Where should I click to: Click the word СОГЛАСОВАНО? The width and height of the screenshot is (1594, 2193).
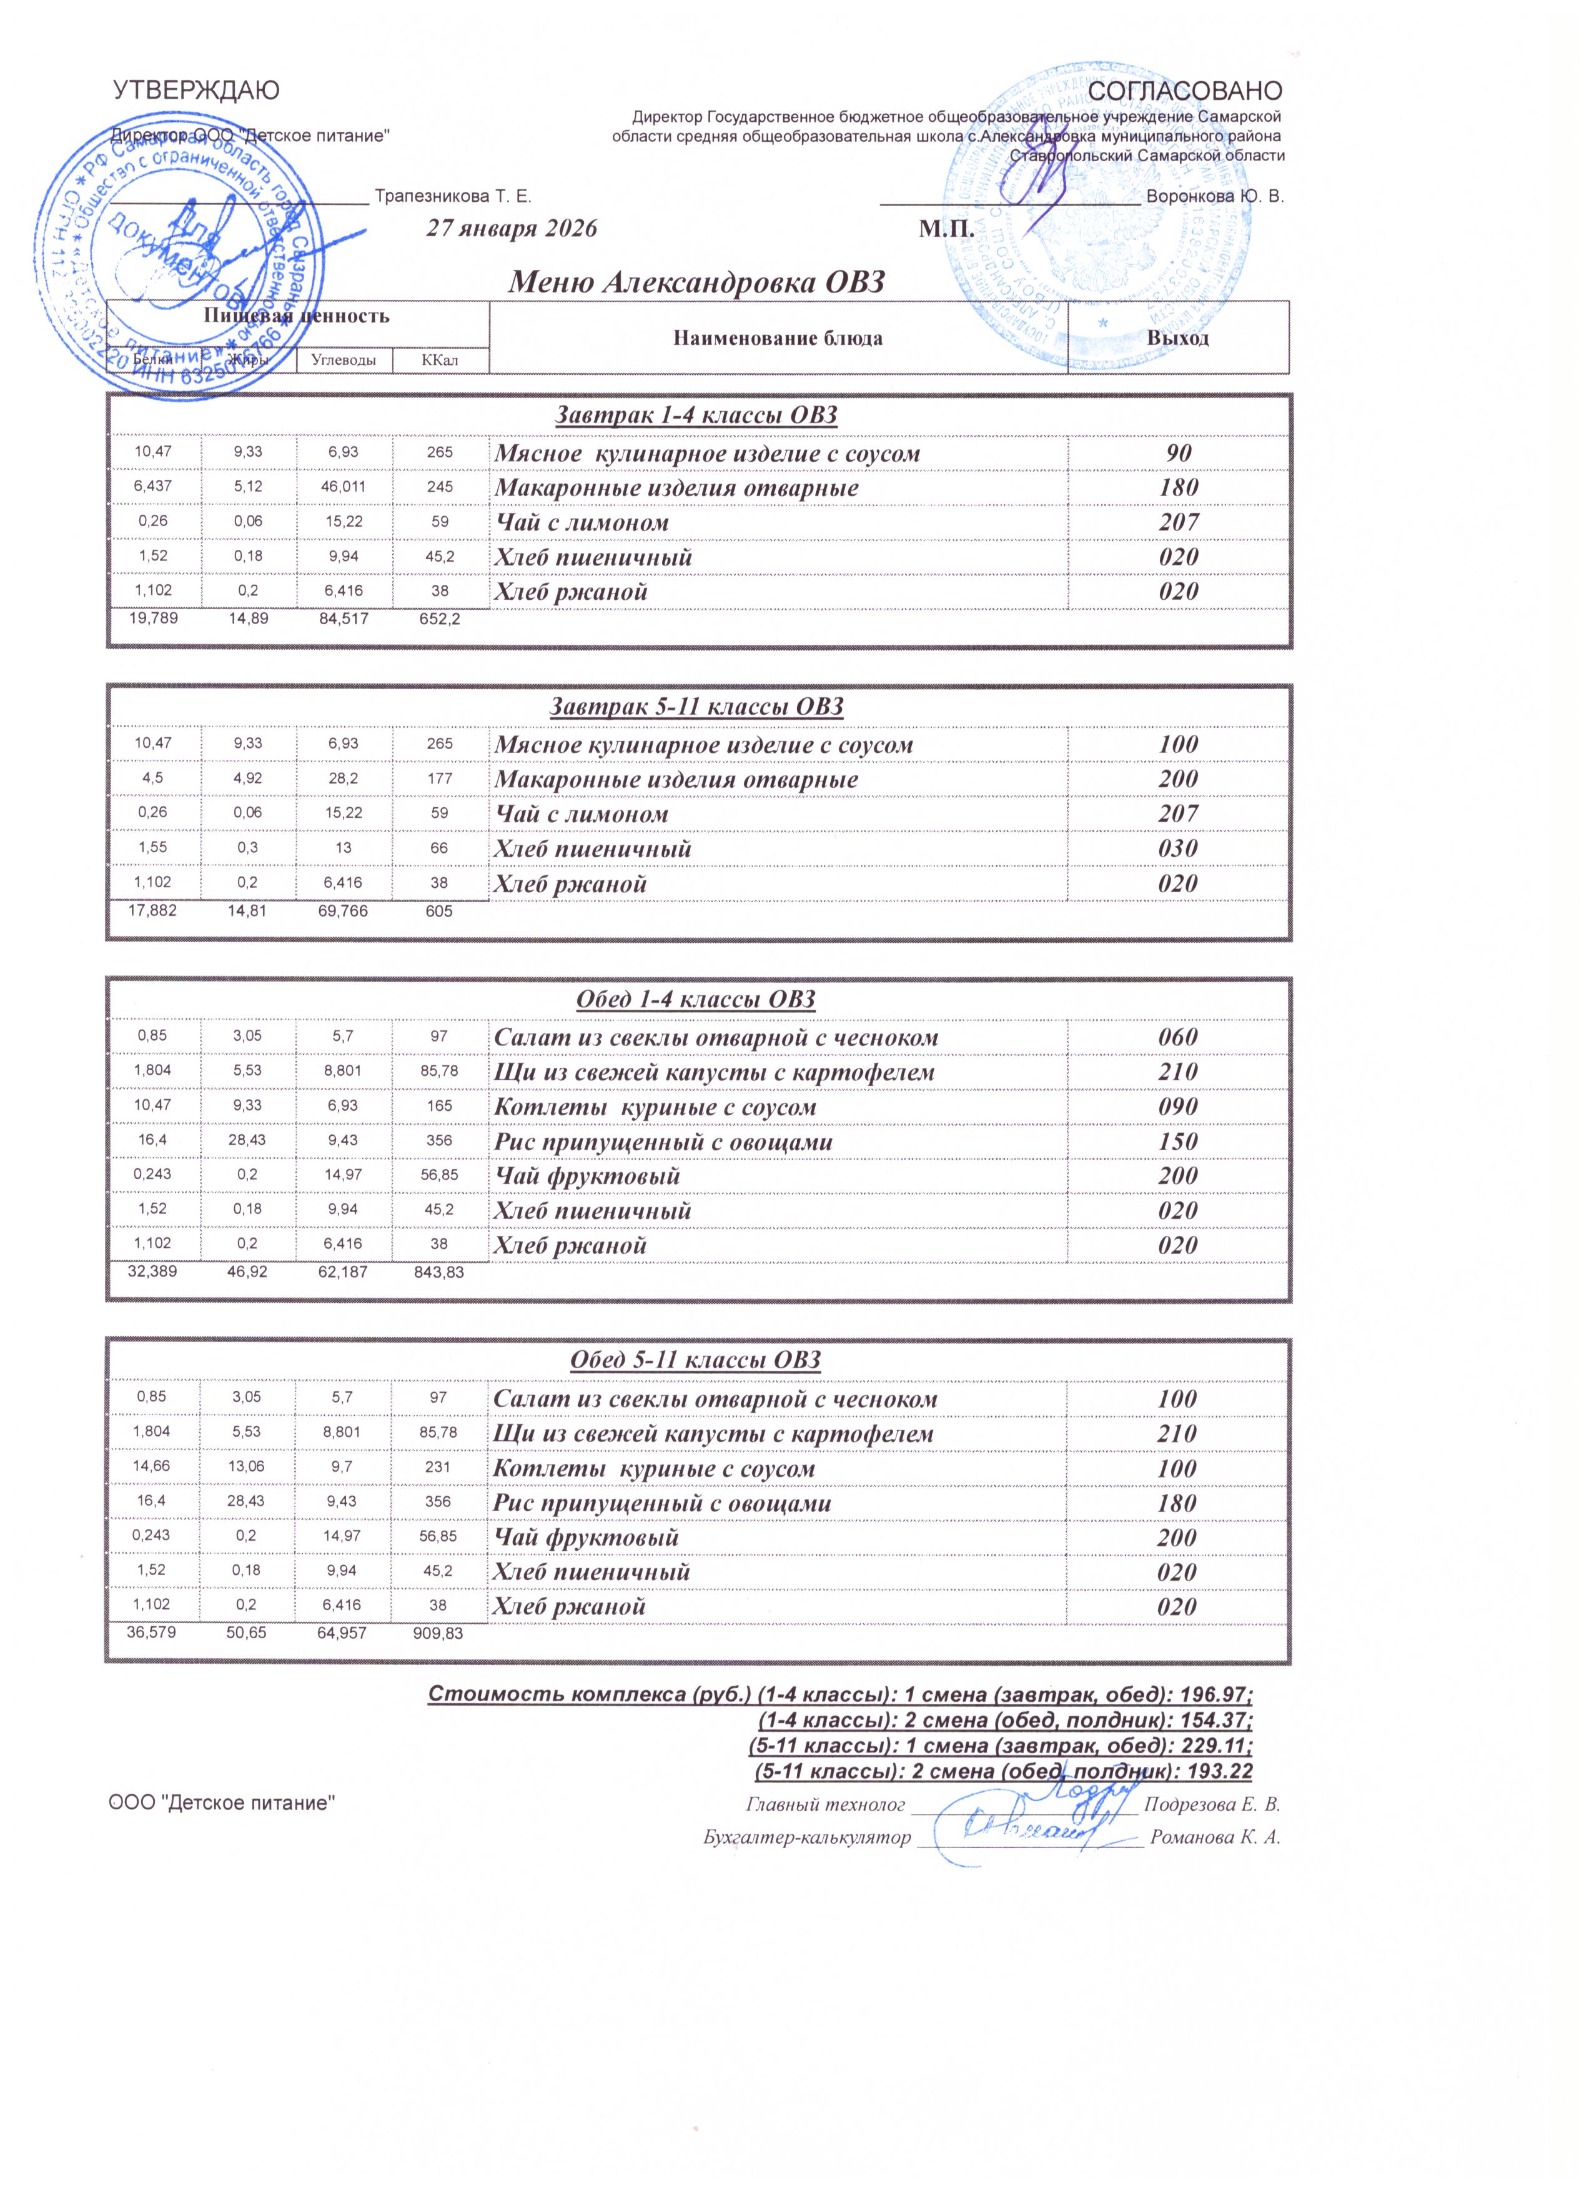(x=1185, y=91)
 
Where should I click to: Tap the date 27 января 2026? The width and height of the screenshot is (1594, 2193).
(x=512, y=229)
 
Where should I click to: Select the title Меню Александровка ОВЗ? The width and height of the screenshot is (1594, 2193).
(x=697, y=282)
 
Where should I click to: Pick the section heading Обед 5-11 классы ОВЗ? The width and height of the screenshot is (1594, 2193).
(x=696, y=1361)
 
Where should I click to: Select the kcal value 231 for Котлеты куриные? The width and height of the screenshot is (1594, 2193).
(x=439, y=1469)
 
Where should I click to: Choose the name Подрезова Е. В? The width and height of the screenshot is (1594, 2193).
(x=1212, y=1805)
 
